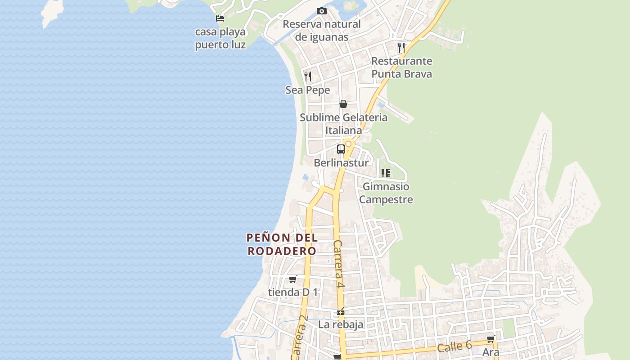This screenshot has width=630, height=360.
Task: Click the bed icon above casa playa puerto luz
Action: pyautogui.click(x=220, y=18)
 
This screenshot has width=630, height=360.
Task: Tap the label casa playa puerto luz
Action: pyautogui.click(x=220, y=38)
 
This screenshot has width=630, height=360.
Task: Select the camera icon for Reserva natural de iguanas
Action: pyautogui.click(x=322, y=11)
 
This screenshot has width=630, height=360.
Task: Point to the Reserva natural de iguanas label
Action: pyautogui.click(x=322, y=31)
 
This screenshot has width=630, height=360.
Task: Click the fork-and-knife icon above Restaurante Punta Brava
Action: pyautogui.click(x=401, y=47)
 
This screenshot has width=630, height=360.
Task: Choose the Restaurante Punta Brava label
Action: pyautogui.click(x=401, y=67)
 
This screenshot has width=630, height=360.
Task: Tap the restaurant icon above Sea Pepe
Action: pyautogui.click(x=308, y=76)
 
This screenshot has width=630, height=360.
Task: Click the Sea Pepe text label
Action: pyautogui.click(x=308, y=90)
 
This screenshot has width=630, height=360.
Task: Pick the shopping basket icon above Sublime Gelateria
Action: pyautogui.click(x=343, y=104)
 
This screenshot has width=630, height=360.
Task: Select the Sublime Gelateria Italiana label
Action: pyautogui.click(x=344, y=124)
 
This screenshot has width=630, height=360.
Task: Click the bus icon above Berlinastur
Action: pyautogui.click(x=341, y=149)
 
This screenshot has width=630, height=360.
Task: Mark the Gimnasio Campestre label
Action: pyautogui.click(x=386, y=193)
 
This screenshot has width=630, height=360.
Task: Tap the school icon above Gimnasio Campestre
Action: pyautogui.click(x=386, y=173)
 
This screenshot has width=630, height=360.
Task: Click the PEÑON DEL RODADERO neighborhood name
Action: pyautogui.click(x=282, y=244)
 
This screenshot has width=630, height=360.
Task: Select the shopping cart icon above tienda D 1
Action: pyautogui.click(x=293, y=279)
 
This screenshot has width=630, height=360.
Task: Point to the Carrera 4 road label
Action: pyautogui.click(x=339, y=264)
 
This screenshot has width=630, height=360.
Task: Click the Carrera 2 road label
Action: pyautogui.click(x=299, y=337)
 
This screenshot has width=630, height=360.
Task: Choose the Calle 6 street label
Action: pyautogui.click(x=454, y=346)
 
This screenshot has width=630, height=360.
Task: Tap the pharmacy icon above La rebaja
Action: pyautogui.click(x=341, y=311)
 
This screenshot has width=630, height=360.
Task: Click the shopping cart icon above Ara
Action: pyautogui.click(x=490, y=339)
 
